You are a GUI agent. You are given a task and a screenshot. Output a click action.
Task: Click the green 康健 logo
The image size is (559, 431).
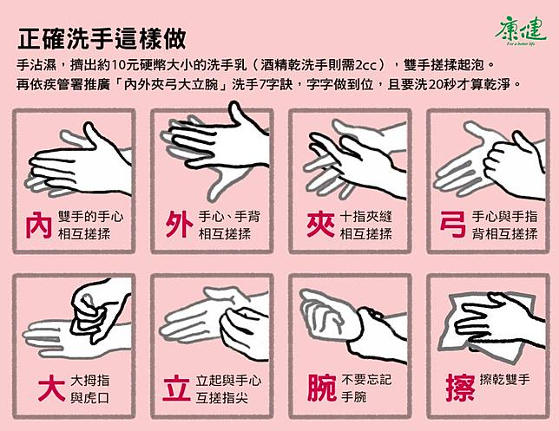[521, 31]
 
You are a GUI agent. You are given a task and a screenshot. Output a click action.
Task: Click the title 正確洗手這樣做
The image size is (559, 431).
[102, 38]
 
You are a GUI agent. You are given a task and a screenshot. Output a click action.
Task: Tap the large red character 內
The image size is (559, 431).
[38, 225]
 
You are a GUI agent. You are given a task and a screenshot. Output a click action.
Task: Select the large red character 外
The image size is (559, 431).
[179, 225]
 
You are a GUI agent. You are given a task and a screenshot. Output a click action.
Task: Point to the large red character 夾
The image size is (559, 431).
[320, 225]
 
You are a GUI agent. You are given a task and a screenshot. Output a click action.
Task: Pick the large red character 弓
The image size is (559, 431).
[453, 225]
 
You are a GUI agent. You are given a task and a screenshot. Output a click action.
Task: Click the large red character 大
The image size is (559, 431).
[52, 389]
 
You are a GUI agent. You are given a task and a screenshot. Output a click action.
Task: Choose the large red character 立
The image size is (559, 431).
[176, 389]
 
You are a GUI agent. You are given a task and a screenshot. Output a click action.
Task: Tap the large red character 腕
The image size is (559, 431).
[322, 389]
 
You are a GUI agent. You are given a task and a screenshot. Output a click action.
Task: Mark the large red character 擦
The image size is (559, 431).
[460, 389]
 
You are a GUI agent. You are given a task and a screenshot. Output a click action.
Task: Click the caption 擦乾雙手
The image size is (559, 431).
[505, 380]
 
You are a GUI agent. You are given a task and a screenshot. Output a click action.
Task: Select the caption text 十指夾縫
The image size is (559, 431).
[366, 217]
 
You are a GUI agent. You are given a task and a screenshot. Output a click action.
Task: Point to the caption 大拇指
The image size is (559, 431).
[90, 381]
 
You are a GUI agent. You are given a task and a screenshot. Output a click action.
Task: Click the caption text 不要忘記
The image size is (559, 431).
[366, 380]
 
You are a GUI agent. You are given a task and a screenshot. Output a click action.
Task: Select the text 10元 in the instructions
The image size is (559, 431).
[124, 65]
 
